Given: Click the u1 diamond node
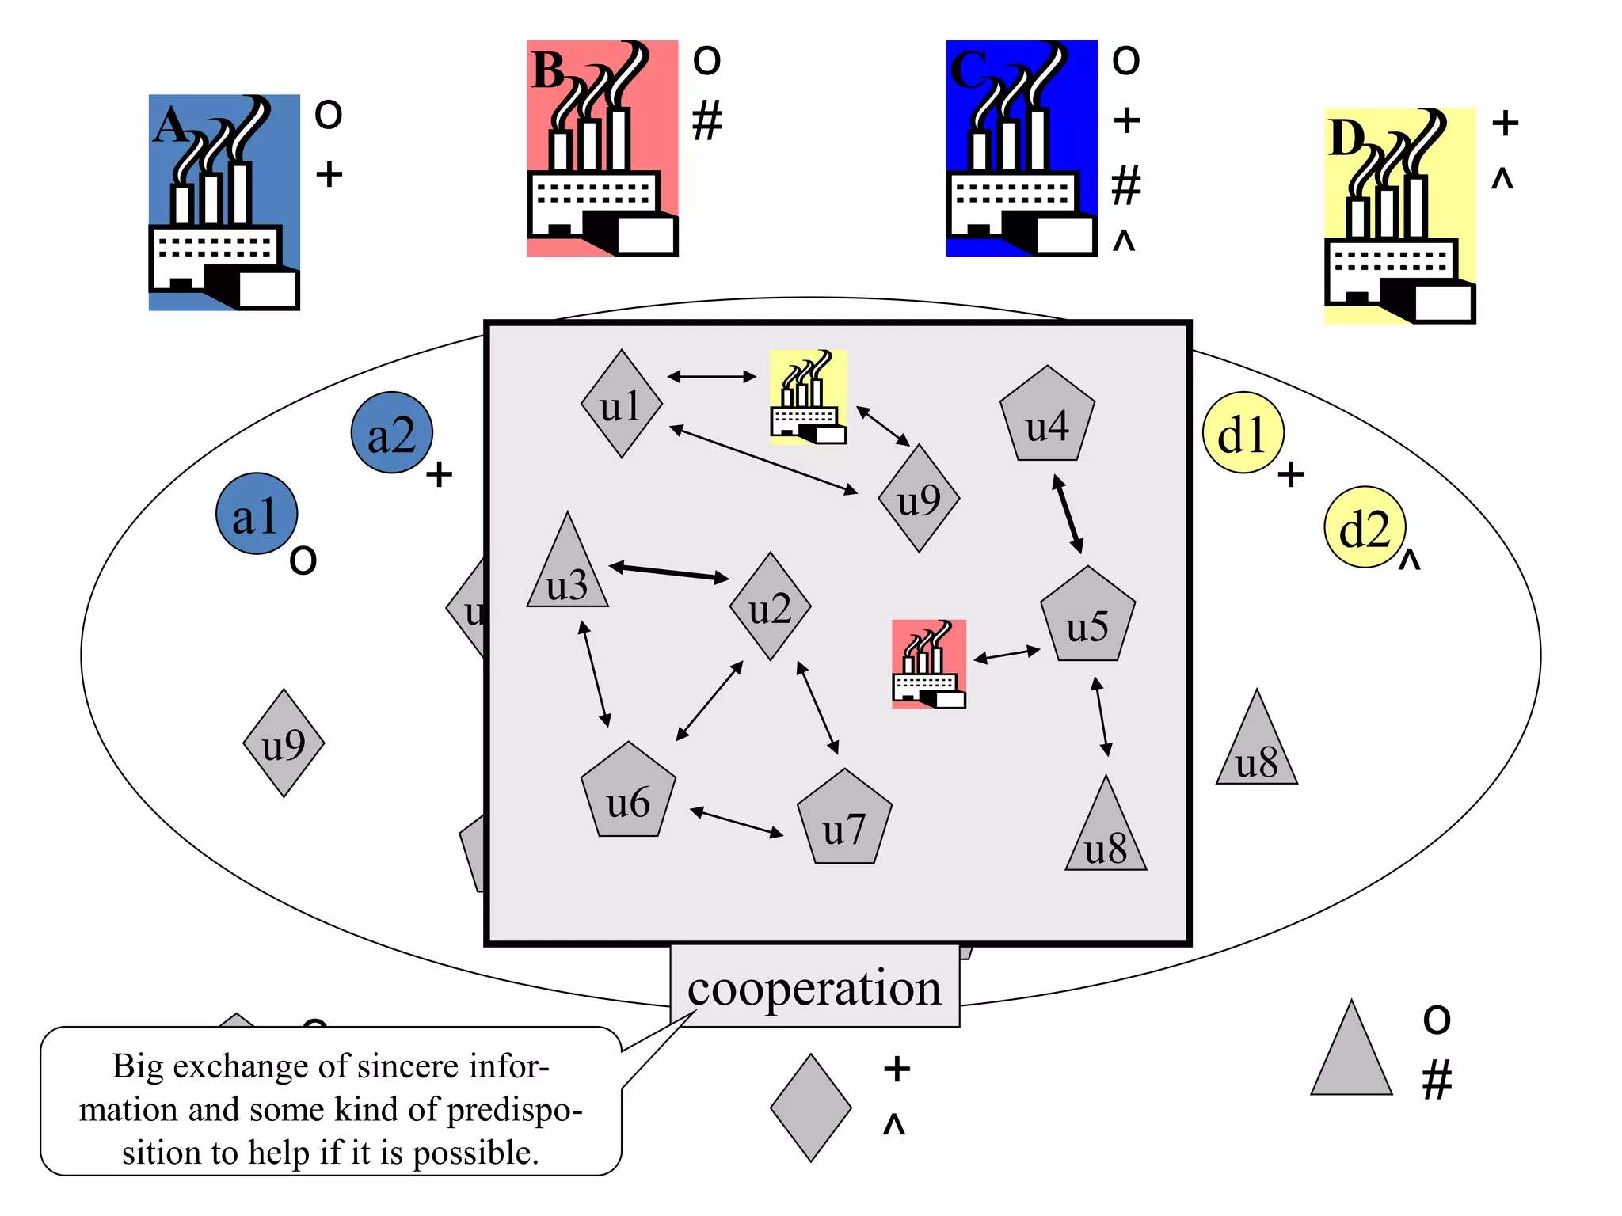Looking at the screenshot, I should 621,405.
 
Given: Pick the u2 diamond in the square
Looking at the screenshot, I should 770,606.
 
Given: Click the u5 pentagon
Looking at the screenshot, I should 1087,617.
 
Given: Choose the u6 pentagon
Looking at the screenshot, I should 628,793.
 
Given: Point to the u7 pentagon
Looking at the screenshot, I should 844,820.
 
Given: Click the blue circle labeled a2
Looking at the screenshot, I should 392,433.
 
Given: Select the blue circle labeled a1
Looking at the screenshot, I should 257,514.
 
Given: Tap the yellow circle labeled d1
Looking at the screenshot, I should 1243,433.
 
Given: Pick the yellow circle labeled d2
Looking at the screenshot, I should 1365,527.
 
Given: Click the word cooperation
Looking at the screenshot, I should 814,987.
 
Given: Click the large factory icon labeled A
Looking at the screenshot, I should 224,203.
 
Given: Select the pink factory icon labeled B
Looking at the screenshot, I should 603,149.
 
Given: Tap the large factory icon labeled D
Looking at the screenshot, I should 1399,216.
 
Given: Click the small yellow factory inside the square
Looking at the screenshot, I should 808,397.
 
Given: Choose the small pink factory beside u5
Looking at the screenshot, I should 928,664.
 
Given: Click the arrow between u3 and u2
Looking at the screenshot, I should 669,572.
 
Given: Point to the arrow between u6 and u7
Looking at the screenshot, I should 737,822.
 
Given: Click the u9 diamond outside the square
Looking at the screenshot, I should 284,743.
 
